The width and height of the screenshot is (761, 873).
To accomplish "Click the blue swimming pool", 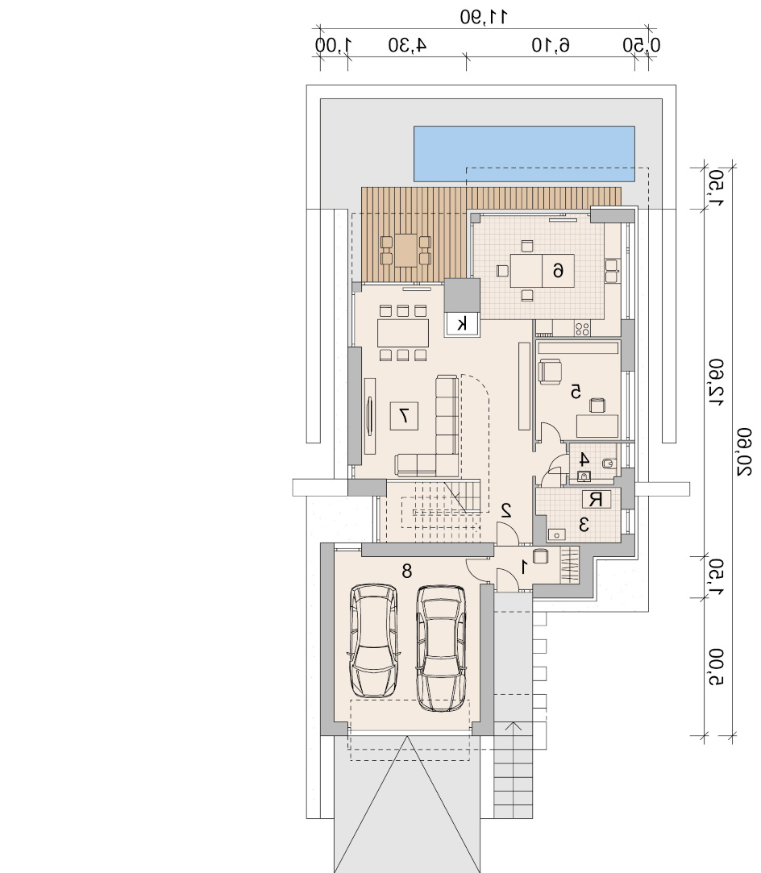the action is (524, 154).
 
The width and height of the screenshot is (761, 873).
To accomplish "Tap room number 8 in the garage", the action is (407, 571).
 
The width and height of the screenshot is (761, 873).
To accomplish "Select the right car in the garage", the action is (442, 648).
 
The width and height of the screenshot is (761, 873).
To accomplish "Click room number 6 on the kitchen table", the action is (558, 271).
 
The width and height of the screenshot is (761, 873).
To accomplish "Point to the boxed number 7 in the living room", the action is (404, 415).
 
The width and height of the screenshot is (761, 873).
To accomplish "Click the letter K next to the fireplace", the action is (462, 323).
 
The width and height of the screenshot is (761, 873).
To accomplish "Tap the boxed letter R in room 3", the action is (596, 499).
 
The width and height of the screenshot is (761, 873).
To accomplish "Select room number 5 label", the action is (576, 392).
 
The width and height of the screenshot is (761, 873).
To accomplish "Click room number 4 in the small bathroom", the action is (584, 460).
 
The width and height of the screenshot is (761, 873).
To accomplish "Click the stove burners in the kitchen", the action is (582, 329).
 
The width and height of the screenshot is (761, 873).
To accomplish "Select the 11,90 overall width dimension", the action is (484, 17).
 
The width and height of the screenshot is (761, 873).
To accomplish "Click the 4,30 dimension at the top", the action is (407, 45).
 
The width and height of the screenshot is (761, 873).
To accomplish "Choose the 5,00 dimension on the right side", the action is (717, 667).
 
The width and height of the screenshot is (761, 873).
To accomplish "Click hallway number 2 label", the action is (506, 510).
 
